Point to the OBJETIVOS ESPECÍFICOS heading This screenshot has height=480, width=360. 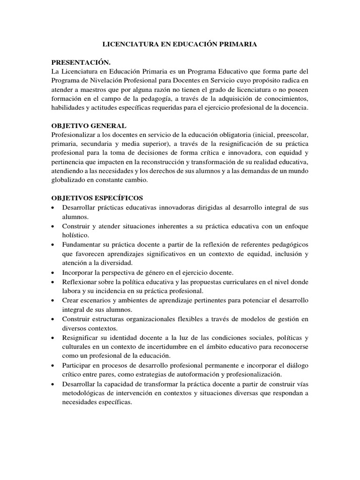click(x=97, y=198)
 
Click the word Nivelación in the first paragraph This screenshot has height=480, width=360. click(x=107, y=81)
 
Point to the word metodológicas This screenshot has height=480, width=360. click(x=86, y=393)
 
